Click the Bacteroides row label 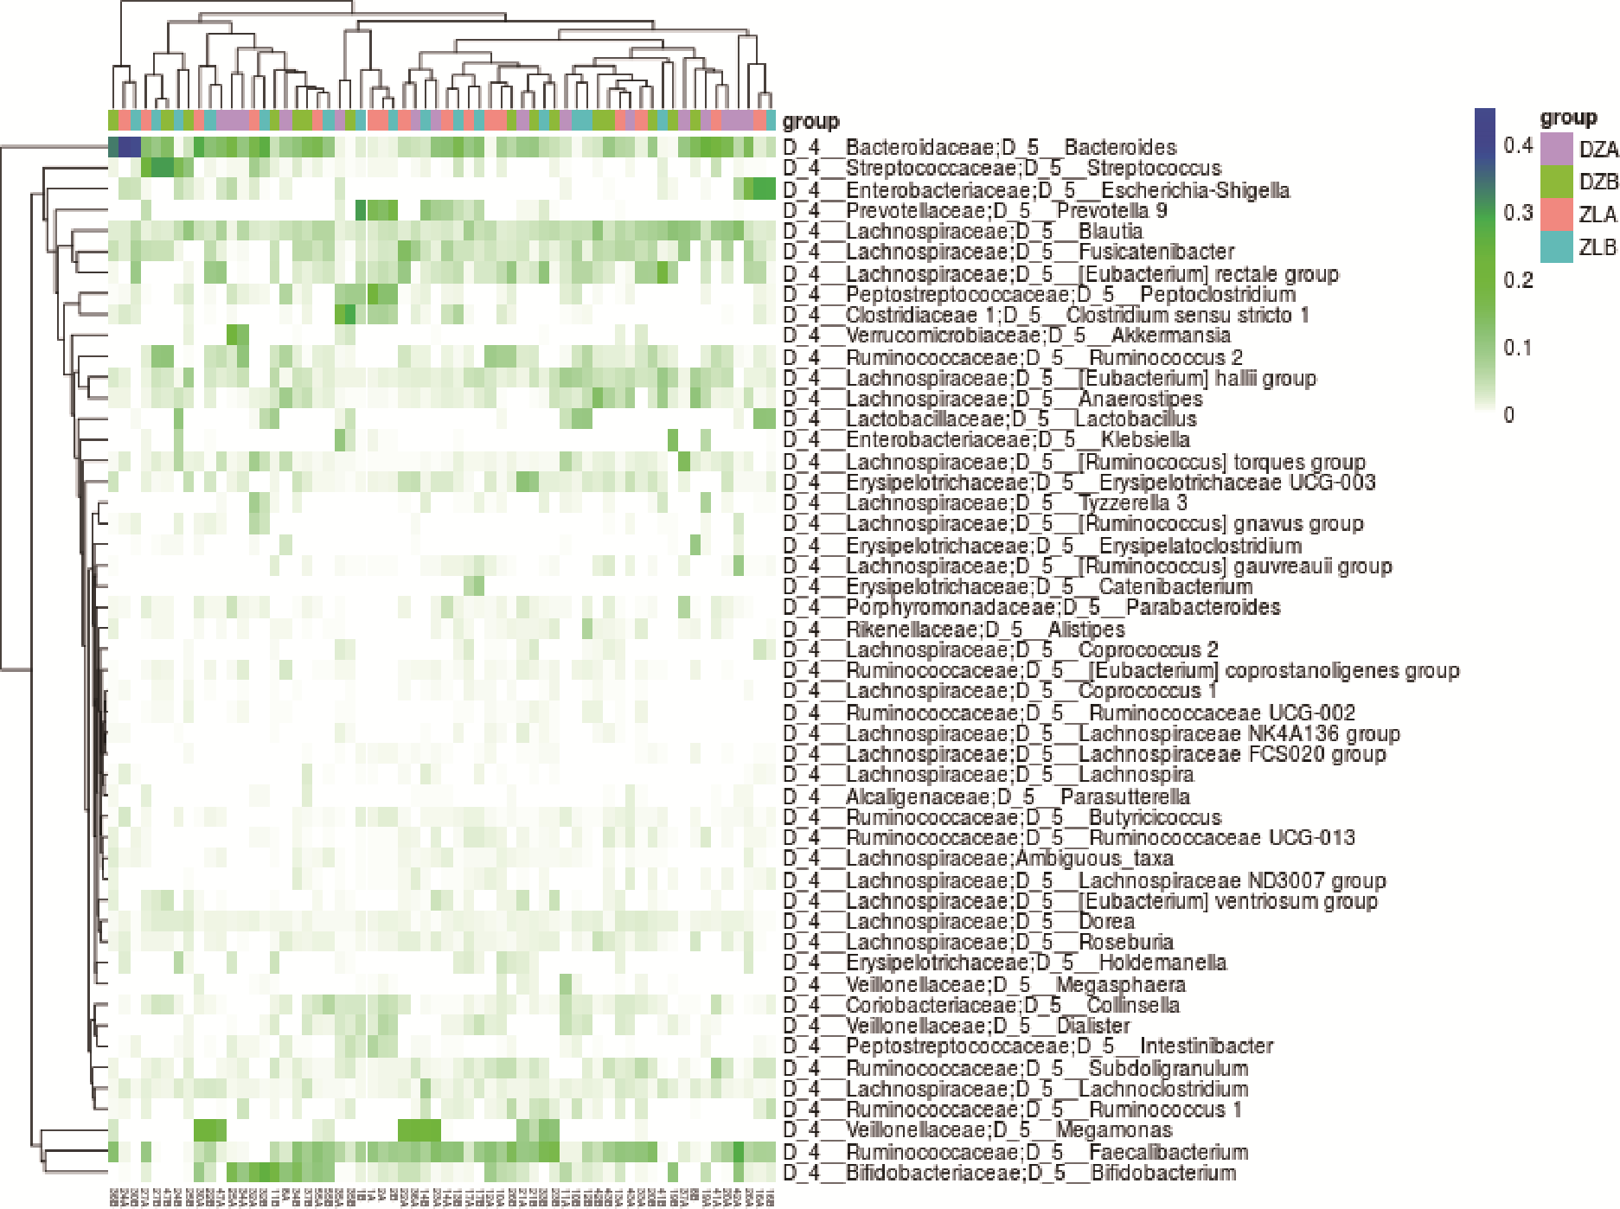[980, 148]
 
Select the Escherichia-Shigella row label [1036, 190]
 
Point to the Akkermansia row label [1007, 336]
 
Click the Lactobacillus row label [989, 419]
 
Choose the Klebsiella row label [987, 440]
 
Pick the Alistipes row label [954, 630]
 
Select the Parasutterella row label [987, 796]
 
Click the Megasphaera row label [984, 985]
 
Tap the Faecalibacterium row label [1016, 1152]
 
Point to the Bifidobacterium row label [1009, 1174]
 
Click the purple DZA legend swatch [1557, 149]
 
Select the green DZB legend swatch [1557, 182]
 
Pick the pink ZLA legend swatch [1557, 214]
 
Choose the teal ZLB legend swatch [1557, 247]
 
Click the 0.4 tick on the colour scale [1518, 145]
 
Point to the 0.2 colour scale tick [1518, 280]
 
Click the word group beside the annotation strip [810, 122]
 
